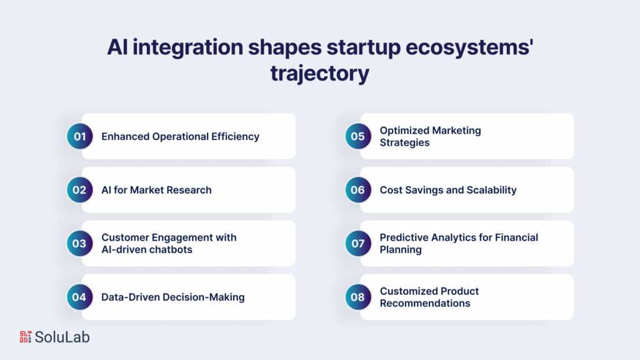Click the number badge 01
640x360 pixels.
pos(79,136)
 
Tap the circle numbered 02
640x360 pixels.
pos(79,190)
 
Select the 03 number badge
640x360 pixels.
pos(79,244)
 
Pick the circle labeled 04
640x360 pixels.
pos(79,297)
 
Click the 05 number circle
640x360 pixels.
pos(357,136)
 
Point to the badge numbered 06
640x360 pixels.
pos(357,190)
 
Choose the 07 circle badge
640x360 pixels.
pos(357,244)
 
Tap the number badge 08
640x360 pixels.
pos(357,297)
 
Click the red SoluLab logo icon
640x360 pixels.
pos(25,337)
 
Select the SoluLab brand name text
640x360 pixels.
pos(62,337)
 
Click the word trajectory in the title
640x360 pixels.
pos(319,73)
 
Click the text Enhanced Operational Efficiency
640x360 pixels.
pos(180,136)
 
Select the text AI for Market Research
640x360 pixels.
pos(156,190)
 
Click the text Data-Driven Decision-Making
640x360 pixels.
pos(172,297)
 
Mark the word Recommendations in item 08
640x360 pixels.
pos(425,303)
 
